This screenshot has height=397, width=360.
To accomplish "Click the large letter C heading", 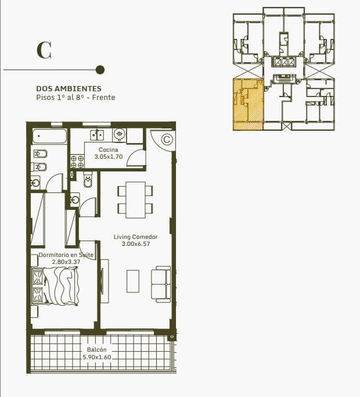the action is (44, 51).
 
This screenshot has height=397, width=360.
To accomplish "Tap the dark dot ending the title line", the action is (100, 70).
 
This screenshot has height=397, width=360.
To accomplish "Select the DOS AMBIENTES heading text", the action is (69, 88).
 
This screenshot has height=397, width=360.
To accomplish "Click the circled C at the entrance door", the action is (167, 140).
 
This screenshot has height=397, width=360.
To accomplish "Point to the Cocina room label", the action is (108, 149).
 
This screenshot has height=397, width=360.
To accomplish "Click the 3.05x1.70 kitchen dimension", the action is (109, 157).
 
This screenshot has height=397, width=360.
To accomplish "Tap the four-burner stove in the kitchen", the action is (77, 162).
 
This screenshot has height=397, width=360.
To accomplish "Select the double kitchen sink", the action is (97, 134).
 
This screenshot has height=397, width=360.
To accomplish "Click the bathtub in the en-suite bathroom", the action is (49, 137).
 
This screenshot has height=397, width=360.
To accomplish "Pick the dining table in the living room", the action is (135, 200).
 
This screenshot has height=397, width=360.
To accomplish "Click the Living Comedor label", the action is (136, 237).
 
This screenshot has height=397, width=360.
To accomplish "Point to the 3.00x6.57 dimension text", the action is (136, 244).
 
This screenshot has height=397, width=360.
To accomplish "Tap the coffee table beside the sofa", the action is (133, 281).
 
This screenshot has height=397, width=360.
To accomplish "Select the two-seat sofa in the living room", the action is (161, 284).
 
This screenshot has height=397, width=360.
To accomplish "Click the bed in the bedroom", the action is (55, 286).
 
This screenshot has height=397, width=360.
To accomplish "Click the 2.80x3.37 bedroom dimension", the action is (66, 262).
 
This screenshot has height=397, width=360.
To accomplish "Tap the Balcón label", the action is (96, 350).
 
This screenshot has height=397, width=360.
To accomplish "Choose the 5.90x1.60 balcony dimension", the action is (97, 357).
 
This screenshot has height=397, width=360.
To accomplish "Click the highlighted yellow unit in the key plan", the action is (248, 105).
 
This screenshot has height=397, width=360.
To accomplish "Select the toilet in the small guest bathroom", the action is (88, 180).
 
